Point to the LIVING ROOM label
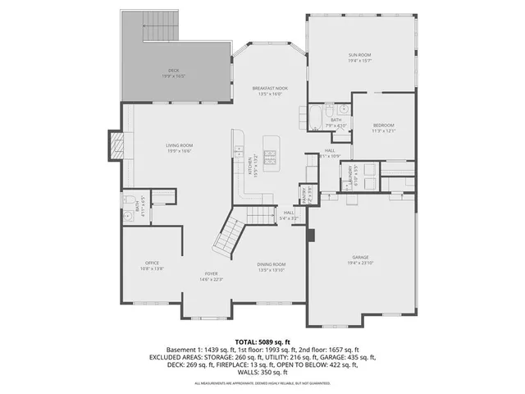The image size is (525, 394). [x=179, y=146]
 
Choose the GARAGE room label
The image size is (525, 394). [x=362, y=257]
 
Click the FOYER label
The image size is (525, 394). [x=212, y=274]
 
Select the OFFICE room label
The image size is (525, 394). [x=153, y=263]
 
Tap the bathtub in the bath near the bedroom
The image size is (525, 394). [x=316, y=117]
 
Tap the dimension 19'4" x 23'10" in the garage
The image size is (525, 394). [x=362, y=263]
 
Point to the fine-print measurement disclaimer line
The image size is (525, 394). [x=262, y=383]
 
